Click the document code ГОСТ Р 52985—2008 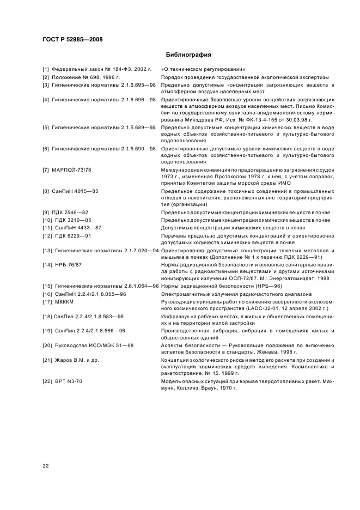pyautogui.click(x=72, y=40)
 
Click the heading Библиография pyautogui.click(x=187, y=55)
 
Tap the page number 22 pyautogui.click(x=46, y=465)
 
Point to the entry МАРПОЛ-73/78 pyautogui.click(x=71, y=171)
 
